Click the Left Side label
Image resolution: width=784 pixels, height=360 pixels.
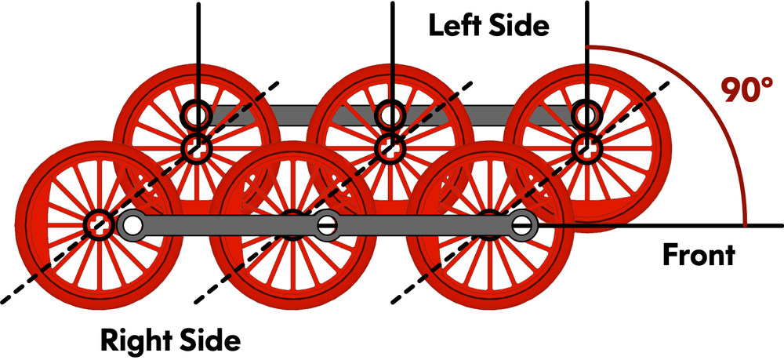tap(488, 25)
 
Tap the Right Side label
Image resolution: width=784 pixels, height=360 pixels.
tap(169, 340)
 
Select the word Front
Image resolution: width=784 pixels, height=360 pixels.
tap(699, 255)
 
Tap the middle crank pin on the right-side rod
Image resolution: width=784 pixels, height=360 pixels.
tap(327, 226)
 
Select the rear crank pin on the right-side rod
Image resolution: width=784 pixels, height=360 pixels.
tap(132, 226)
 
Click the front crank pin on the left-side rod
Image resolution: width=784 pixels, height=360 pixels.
tap(585, 115)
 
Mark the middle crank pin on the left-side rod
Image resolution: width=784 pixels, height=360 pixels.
tap(390, 115)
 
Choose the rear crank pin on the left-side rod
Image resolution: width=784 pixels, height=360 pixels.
tap(194, 115)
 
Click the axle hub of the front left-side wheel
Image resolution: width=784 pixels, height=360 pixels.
tap(585, 147)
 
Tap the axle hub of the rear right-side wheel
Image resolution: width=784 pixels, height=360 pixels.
tap(97, 224)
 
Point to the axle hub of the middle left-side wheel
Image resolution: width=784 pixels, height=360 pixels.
tap(390, 147)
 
